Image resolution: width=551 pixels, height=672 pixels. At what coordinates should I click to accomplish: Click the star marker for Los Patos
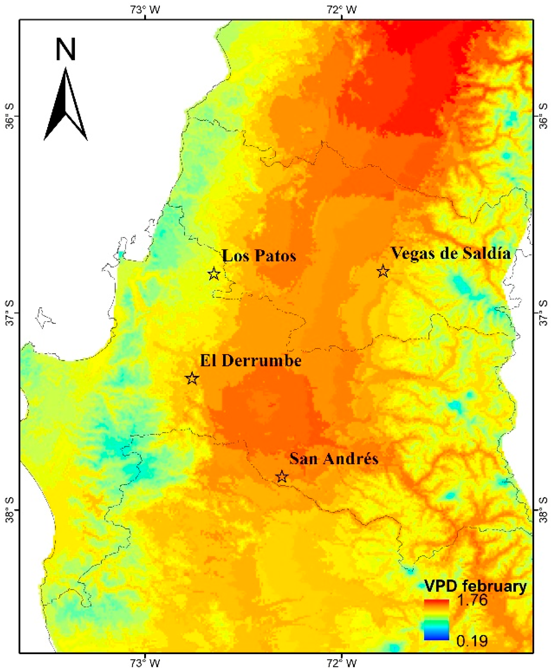point(214,274)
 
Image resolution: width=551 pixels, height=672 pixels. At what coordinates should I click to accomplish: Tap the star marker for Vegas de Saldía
point(383,272)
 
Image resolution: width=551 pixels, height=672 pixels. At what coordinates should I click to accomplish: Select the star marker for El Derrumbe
point(192,378)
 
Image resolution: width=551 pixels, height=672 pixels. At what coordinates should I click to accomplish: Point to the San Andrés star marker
point(281,477)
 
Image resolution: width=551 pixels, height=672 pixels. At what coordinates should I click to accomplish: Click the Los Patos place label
point(259,256)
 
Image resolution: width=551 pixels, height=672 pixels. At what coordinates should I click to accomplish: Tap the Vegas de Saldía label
point(450,253)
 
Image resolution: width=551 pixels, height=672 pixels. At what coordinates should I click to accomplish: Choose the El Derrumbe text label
point(250,361)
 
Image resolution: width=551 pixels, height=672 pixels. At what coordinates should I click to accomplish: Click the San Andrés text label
point(333,459)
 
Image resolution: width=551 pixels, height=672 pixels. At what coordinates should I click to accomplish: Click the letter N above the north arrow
point(65,49)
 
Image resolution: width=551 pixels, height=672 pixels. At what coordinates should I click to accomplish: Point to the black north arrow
point(65,105)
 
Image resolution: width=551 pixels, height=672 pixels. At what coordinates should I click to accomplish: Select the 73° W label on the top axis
point(145,10)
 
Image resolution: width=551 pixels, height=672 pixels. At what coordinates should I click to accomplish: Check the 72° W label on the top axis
point(341,10)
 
